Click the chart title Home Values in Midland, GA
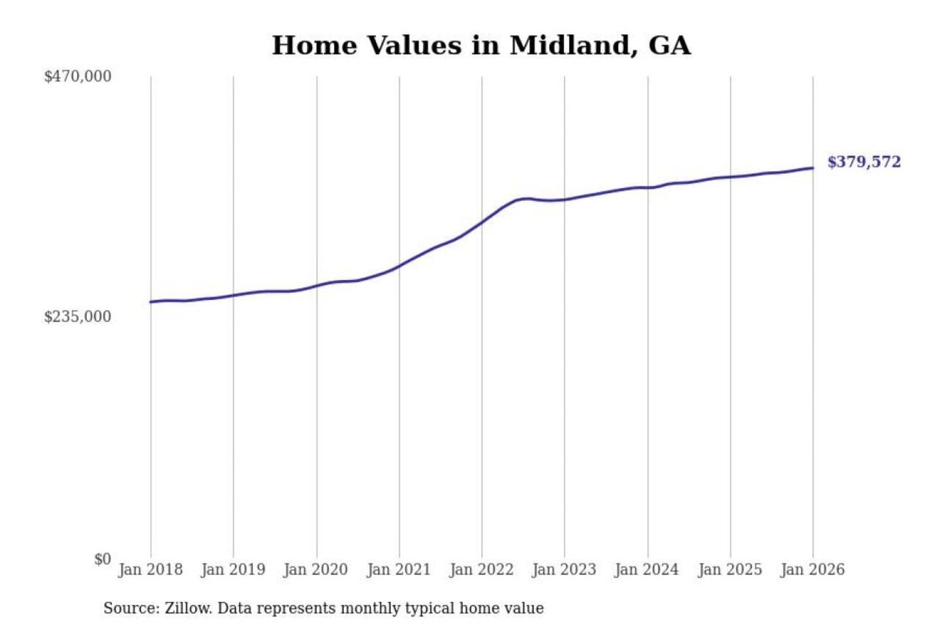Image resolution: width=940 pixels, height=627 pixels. click(x=481, y=46)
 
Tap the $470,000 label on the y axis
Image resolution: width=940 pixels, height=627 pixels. click(x=78, y=76)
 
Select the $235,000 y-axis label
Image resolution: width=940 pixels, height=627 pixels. click(x=78, y=317)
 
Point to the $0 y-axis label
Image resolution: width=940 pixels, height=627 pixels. click(x=102, y=559)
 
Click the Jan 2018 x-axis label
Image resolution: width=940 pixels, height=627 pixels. click(x=150, y=570)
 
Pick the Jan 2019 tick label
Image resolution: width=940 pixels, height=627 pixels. click(x=233, y=570)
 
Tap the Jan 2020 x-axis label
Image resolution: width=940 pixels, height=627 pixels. click(x=316, y=570)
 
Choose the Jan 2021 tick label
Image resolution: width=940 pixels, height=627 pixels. click(x=399, y=570)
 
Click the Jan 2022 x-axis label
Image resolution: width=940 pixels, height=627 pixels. click(x=482, y=570)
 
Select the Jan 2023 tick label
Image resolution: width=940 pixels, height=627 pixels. click(x=565, y=570)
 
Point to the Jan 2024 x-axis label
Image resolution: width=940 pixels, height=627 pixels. click(x=647, y=570)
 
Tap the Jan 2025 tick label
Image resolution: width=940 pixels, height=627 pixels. click(x=730, y=570)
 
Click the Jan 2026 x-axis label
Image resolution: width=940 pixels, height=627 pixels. click(x=813, y=570)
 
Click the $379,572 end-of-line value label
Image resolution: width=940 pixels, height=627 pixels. click(x=864, y=162)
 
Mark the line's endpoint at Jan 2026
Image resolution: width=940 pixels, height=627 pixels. click(x=813, y=168)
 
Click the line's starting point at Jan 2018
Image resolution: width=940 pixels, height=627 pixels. click(x=151, y=302)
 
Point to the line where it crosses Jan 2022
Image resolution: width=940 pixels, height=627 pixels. click(x=482, y=222)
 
